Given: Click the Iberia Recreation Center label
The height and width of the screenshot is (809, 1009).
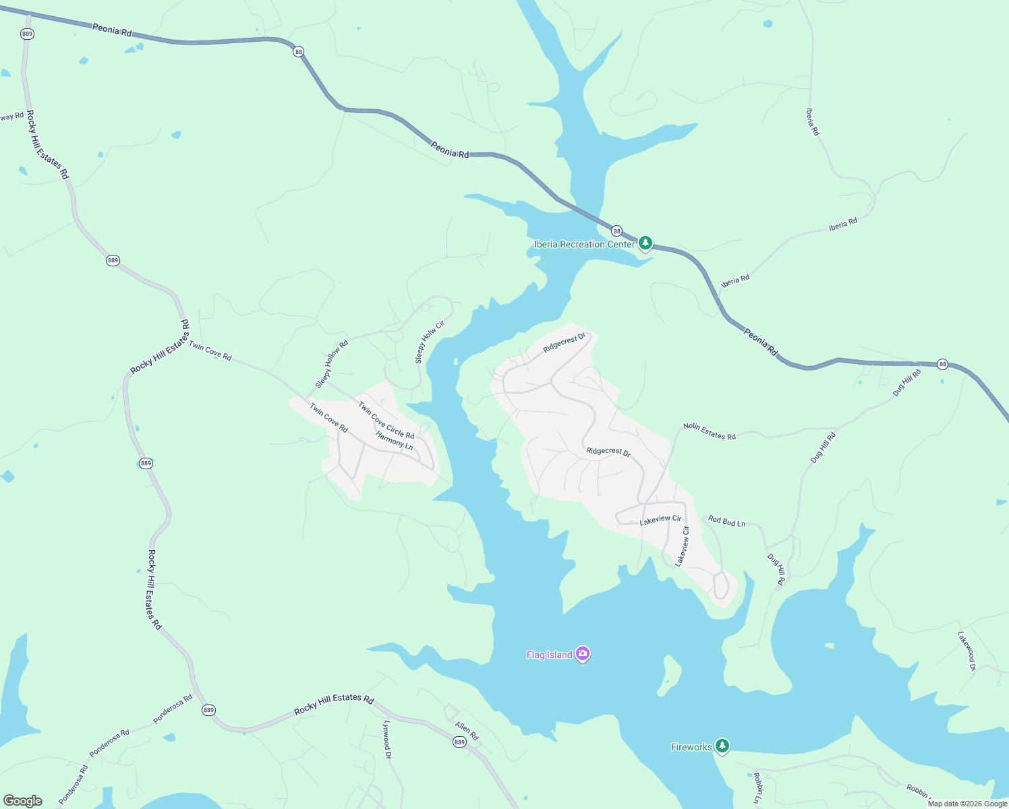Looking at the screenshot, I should [x=584, y=244].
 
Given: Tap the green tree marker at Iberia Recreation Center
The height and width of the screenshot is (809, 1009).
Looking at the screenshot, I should [x=645, y=243].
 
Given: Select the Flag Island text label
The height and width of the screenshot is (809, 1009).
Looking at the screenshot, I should [x=549, y=655].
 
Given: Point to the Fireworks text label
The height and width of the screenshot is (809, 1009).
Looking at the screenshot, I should [x=691, y=747].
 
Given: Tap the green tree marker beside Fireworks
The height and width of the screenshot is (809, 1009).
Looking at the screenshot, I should [x=722, y=746].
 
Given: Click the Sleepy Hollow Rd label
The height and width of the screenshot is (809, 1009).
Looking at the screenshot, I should [x=332, y=364].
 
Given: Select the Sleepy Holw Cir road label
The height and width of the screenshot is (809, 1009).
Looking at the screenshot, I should [x=430, y=342].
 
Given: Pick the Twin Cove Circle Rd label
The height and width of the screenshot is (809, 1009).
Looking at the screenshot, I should [x=386, y=420].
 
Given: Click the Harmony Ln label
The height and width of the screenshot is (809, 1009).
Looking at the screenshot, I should [x=394, y=440].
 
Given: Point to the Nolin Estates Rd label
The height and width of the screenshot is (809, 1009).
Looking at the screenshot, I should [x=710, y=431].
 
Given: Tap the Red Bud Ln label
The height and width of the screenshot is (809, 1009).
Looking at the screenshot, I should [x=726, y=521].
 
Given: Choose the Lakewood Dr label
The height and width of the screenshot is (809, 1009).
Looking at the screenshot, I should [x=967, y=651].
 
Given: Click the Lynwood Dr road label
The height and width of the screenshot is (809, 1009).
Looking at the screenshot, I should [x=387, y=740].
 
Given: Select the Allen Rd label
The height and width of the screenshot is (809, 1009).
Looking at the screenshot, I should [x=466, y=731].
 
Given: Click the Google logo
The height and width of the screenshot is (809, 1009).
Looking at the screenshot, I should [x=23, y=801].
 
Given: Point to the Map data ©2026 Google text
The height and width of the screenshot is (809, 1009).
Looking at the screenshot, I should [x=967, y=804].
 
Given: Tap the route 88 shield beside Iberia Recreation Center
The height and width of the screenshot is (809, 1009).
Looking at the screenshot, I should [x=617, y=231].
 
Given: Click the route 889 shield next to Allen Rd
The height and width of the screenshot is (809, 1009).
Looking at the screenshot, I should [x=459, y=742].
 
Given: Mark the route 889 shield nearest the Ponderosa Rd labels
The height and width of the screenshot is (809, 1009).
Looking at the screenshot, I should [x=208, y=710].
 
